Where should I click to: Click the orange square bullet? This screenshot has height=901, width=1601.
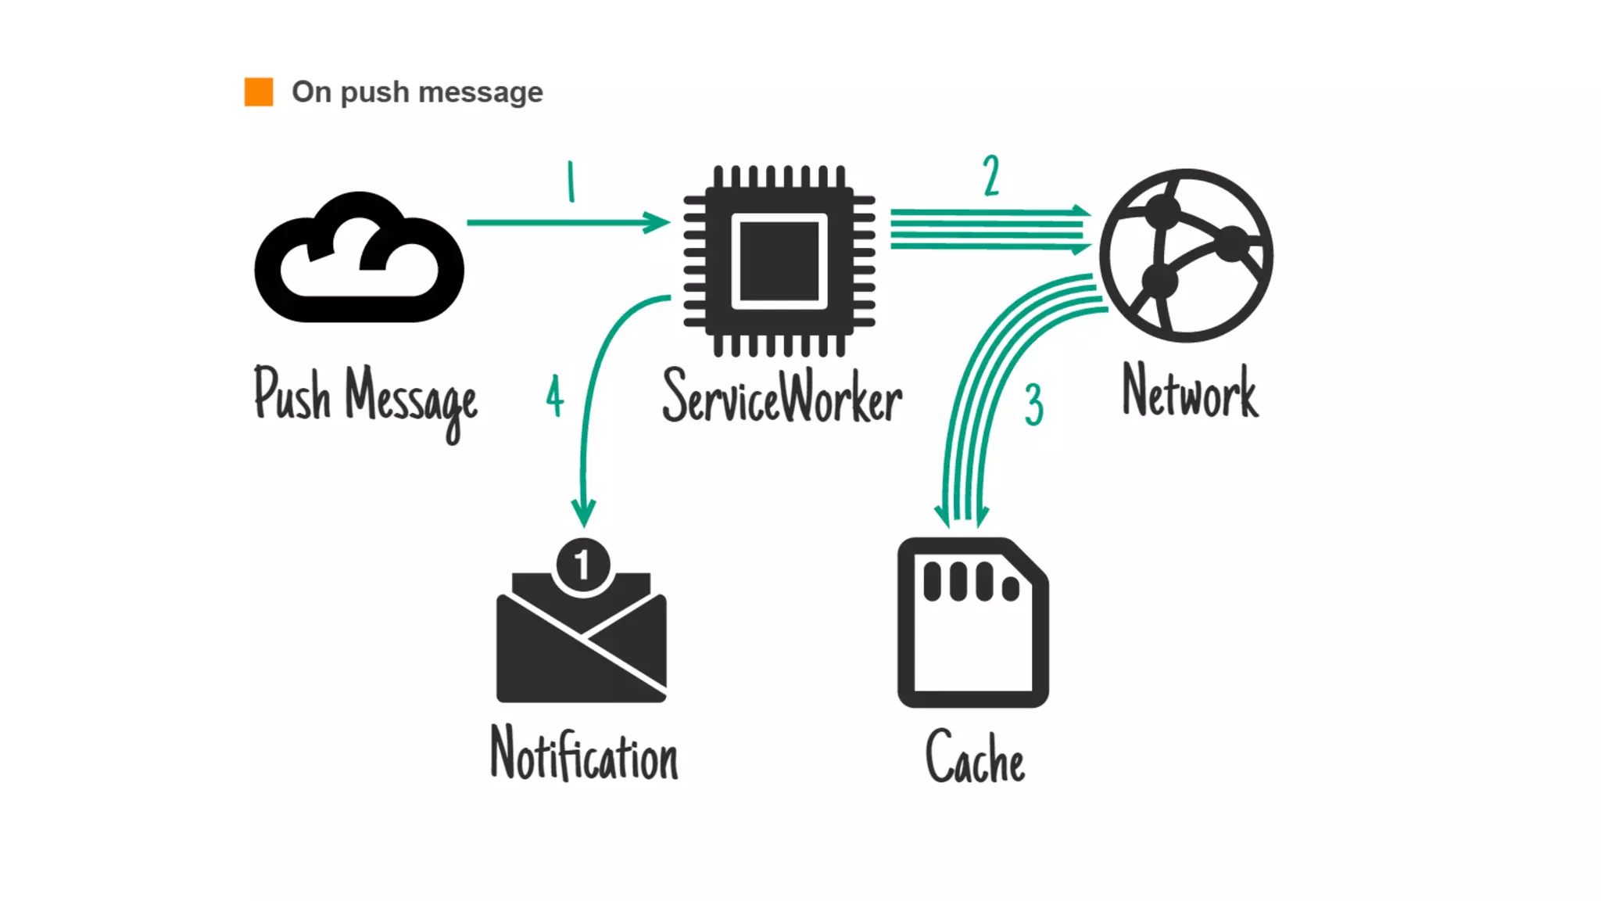(x=259, y=92)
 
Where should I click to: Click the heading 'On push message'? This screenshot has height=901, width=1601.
(x=417, y=92)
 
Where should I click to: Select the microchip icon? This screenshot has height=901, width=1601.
(x=779, y=260)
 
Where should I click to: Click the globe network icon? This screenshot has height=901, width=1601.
(x=1186, y=255)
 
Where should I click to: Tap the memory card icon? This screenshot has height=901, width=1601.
(x=972, y=623)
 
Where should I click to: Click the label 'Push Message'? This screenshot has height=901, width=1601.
(x=365, y=399)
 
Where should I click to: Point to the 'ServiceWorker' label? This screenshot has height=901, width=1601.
(x=782, y=397)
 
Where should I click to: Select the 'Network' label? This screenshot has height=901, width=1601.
(x=1190, y=391)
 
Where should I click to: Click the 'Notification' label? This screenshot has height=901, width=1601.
(x=584, y=754)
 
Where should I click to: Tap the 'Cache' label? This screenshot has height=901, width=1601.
(x=975, y=757)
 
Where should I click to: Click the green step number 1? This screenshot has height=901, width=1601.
(x=571, y=181)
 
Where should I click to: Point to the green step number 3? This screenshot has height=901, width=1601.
(x=1033, y=404)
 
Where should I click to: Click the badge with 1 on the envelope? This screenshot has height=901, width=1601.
(x=582, y=565)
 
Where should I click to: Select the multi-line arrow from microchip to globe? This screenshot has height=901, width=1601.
(x=989, y=229)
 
